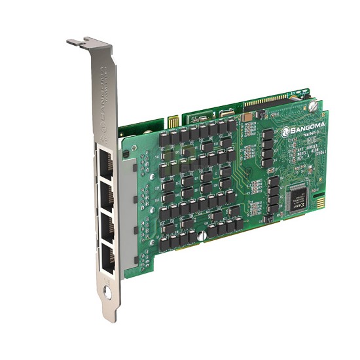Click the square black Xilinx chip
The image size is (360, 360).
point(298,198)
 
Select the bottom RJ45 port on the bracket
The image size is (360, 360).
point(108,259)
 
